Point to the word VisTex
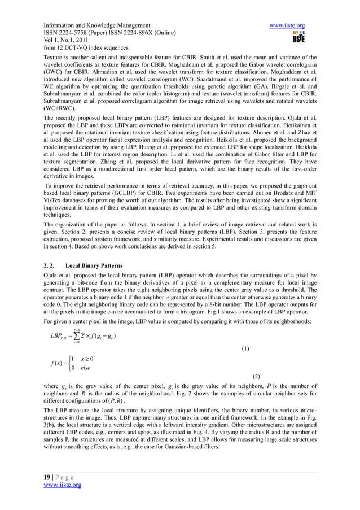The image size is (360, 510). tap(54, 215)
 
